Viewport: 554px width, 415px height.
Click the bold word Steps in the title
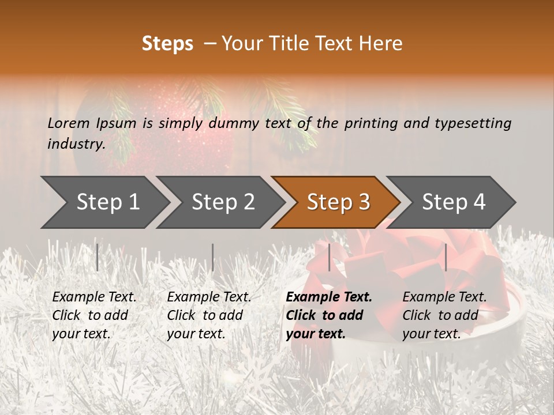[x=167, y=44]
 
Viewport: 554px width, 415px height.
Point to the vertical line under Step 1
[x=98, y=257]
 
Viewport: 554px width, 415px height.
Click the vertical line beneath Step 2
[x=213, y=257]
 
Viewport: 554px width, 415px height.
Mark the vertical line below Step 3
[x=329, y=257]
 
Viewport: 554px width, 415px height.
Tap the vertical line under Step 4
[x=446, y=257]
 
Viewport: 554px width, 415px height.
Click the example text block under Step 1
[x=94, y=315]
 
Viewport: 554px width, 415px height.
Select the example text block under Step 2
[x=209, y=315]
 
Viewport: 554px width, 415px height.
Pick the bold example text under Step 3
[x=329, y=315]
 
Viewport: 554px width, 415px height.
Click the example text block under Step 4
[x=444, y=315]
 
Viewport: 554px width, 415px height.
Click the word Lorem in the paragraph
[x=69, y=123]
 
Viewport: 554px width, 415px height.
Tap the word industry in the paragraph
[x=76, y=144]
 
